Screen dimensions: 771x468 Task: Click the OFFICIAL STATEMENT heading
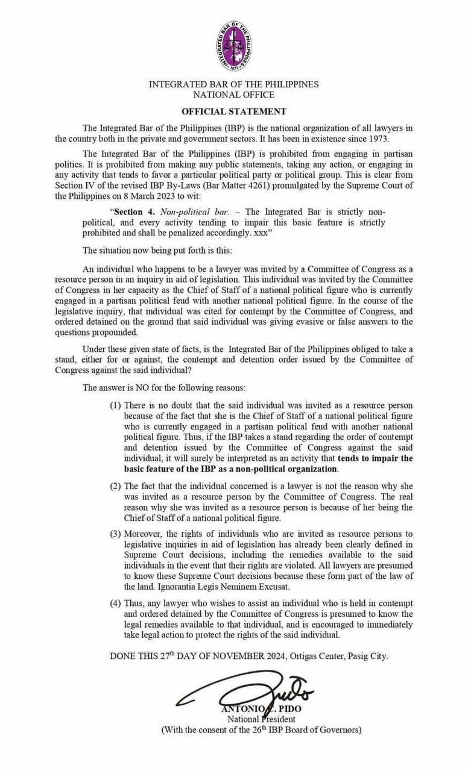click(x=234, y=111)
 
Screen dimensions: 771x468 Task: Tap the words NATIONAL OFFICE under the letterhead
click(x=234, y=95)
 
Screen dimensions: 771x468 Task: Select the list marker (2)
click(x=116, y=485)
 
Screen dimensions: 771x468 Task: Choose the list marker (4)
click(x=116, y=604)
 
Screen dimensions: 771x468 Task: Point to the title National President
click(x=261, y=719)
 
